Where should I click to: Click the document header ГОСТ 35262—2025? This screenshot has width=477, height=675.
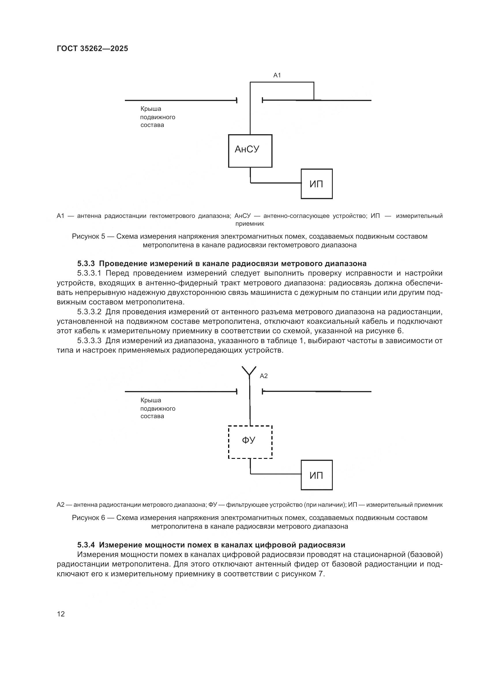[92, 48]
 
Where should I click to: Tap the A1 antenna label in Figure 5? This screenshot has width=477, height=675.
[277, 75]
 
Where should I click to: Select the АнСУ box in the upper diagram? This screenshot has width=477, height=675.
[250, 151]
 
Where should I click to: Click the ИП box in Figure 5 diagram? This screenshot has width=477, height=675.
[317, 184]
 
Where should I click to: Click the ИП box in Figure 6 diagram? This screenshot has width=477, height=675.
[317, 475]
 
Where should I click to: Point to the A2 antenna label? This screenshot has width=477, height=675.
[264, 376]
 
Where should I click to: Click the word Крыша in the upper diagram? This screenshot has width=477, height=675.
[151, 109]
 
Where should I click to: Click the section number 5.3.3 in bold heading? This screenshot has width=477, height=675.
[86, 263]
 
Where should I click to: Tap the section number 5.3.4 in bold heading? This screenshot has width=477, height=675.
[86, 545]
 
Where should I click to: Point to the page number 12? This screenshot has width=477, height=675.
[61, 614]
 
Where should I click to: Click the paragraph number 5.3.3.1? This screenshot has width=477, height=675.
[89, 273]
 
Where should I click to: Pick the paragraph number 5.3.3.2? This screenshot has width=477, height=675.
[89, 312]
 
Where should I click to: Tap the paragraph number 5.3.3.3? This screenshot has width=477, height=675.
[89, 341]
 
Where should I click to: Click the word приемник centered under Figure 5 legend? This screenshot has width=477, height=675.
[250, 224]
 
